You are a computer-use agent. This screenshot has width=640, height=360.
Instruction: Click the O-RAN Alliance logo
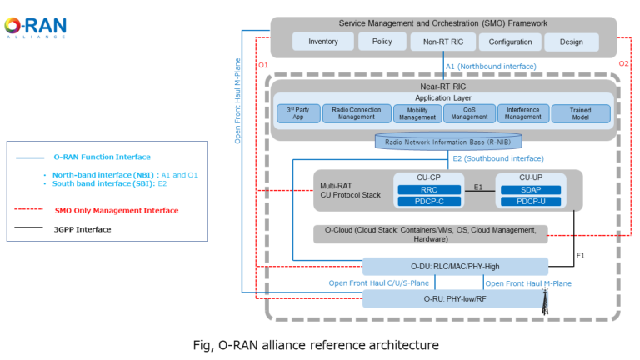(35, 27)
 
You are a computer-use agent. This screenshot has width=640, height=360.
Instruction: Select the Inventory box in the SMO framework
(322, 42)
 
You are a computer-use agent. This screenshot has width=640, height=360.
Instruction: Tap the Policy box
(382, 42)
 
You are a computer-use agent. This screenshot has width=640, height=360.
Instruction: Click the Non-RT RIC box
(442, 42)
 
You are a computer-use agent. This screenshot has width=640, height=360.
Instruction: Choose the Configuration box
(510, 42)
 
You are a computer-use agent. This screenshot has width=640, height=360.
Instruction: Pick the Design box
(572, 42)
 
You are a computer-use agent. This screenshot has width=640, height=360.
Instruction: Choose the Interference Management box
(523, 113)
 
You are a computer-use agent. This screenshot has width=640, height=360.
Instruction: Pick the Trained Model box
(581, 113)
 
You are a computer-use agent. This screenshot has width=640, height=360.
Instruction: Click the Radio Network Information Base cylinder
(443, 142)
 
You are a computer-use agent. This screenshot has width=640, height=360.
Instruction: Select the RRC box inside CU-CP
(428, 189)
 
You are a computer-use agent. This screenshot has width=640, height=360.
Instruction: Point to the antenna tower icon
(545, 306)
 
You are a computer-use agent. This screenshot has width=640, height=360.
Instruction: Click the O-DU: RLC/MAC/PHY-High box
(455, 267)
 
